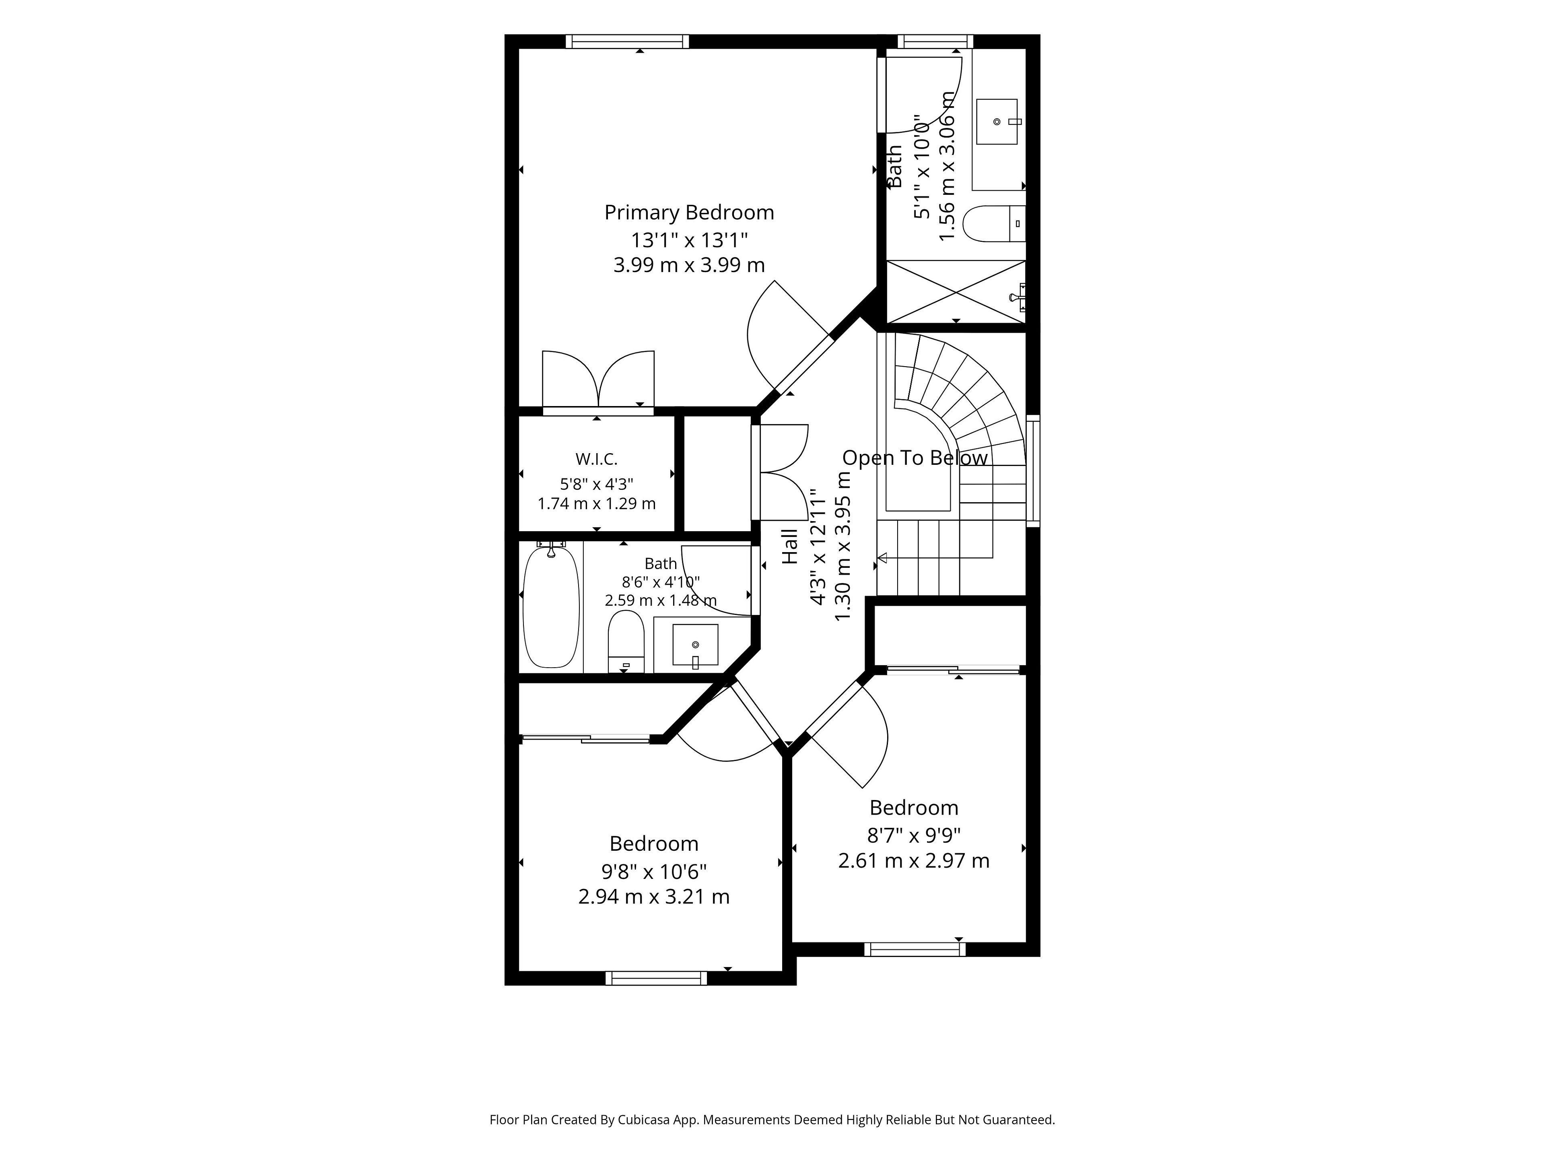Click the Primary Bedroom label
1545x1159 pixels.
pos(689,212)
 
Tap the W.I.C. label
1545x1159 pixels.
pos(597,459)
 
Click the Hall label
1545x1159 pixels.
pos(789,547)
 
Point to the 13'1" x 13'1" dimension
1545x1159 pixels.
pos(689,240)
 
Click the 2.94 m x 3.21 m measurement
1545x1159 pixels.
pos(654,896)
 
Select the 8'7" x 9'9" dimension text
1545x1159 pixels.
pos(914,835)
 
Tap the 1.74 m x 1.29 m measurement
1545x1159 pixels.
pos(597,503)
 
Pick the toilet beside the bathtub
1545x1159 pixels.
pos(626,641)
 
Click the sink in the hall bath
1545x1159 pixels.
pos(695,645)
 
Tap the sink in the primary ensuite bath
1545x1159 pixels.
pos(997,122)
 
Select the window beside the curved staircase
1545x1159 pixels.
pos(1033,471)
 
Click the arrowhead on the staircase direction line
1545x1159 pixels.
pos(882,557)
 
